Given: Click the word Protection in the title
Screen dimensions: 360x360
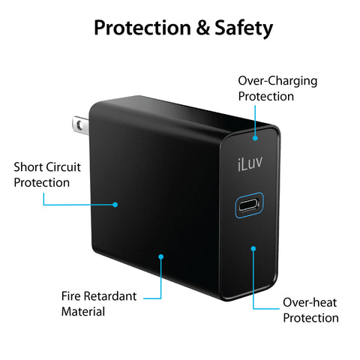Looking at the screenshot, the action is tap(142, 28).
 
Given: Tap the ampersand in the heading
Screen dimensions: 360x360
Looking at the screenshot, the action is tap(202, 28).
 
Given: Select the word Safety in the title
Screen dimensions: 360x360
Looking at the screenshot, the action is tap(244, 28).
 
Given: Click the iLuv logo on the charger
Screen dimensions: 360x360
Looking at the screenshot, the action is tap(250, 163).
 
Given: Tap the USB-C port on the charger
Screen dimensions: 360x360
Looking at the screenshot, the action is tap(249, 205).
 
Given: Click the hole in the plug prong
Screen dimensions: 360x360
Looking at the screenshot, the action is tap(79, 124).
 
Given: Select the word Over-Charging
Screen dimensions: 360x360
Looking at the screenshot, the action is tap(277, 81).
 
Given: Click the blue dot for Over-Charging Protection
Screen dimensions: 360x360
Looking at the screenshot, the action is tap(255, 138).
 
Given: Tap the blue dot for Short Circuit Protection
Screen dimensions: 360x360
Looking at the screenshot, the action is tap(115, 205).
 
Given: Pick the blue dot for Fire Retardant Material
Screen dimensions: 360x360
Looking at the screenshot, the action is tap(161, 256).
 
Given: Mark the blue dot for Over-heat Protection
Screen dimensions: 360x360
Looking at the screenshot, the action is tap(253, 248).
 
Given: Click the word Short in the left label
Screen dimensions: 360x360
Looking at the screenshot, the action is tap(28, 167).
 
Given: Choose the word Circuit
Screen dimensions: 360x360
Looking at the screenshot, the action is tap(64, 167).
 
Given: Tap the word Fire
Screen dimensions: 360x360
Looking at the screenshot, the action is tap(70, 296).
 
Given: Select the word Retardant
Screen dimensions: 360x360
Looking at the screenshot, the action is tap(110, 296).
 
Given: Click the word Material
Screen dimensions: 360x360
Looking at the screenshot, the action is tap(83, 312).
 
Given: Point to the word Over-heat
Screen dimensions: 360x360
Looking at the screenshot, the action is tap(310, 302).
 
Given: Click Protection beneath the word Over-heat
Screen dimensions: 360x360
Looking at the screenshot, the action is tap(311, 318).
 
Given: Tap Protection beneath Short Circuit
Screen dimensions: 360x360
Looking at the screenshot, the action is tap(42, 183).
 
